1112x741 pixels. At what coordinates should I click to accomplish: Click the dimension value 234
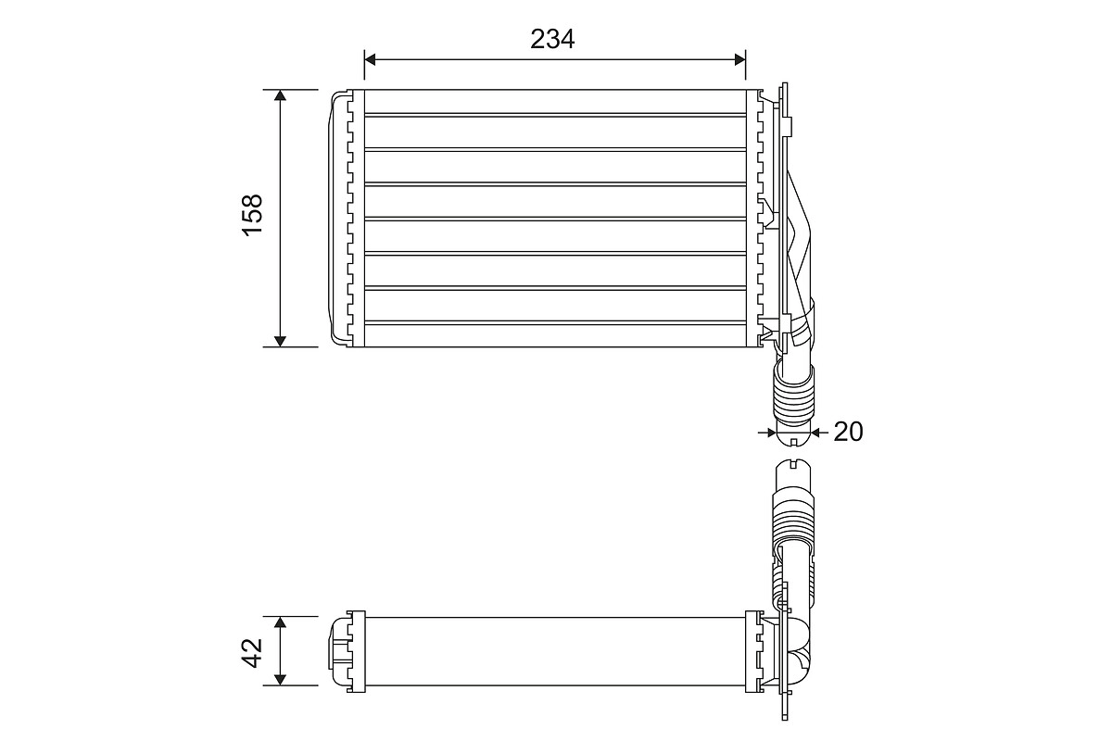click(x=553, y=38)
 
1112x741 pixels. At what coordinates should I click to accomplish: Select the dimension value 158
click(x=253, y=215)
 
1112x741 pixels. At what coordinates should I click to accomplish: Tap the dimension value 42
click(x=253, y=651)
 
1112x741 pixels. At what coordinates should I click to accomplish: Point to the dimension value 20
click(x=848, y=432)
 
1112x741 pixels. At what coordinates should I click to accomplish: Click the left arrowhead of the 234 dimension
click(x=370, y=59)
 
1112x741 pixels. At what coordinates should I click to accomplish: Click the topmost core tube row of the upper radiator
click(x=554, y=102)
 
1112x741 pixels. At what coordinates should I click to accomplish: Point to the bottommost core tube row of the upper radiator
click(x=554, y=334)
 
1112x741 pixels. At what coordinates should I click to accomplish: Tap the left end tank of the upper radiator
click(x=340, y=219)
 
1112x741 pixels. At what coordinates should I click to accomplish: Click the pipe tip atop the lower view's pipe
click(x=792, y=469)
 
